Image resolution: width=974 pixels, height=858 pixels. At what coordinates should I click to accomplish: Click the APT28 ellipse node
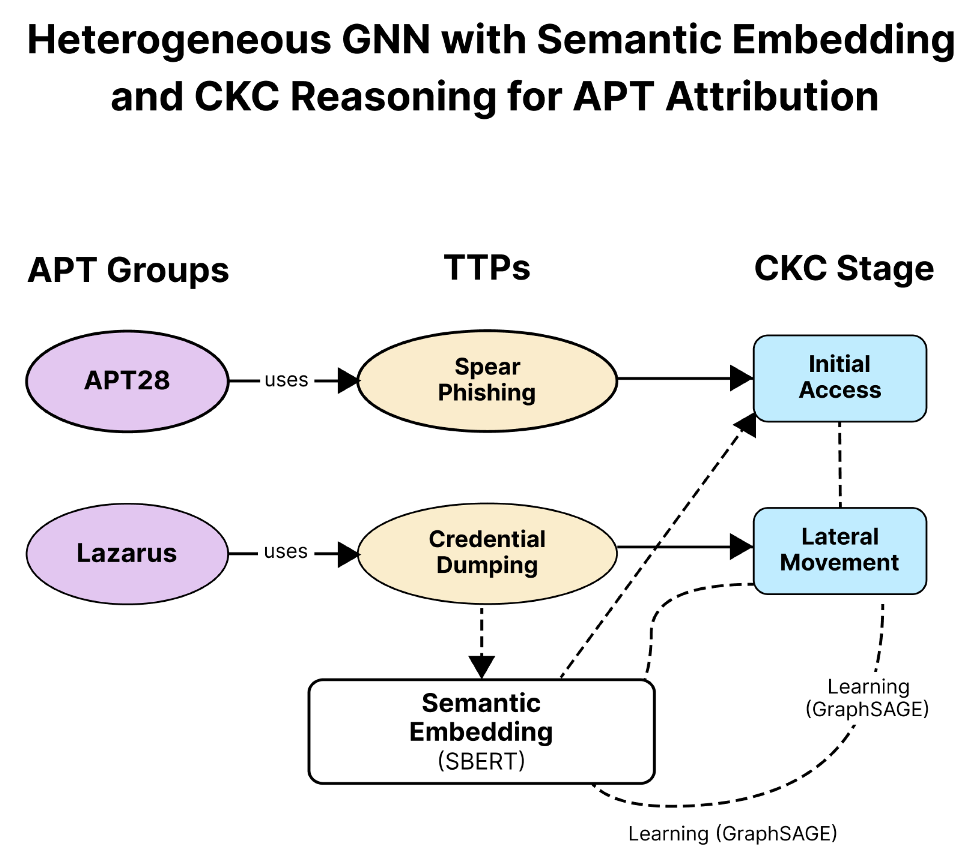pyautogui.click(x=127, y=381)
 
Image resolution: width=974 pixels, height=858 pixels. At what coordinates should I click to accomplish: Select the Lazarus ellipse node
pyautogui.click(x=127, y=554)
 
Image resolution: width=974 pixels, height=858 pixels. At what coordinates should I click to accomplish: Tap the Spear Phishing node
pyautogui.click(x=486, y=380)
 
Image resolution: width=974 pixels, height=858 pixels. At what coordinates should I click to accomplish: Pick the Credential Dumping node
pyautogui.click(x=486, y=553)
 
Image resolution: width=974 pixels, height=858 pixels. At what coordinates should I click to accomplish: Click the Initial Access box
pyautogui.click(x=839, y=378)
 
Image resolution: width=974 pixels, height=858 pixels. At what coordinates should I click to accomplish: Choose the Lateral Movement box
pyautogui.click(x=839, y=550)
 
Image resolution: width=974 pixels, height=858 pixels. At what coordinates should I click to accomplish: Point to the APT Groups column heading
pyautogui.click(x=128, y=270)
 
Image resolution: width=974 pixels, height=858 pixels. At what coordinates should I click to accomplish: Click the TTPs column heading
pyautogui.click(x=486, y=268)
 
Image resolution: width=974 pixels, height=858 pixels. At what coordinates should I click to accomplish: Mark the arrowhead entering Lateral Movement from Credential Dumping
pyautogui.click(x=740, y=547)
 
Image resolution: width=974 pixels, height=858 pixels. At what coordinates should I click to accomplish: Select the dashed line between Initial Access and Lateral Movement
pyautogui.click(x=839, y=465)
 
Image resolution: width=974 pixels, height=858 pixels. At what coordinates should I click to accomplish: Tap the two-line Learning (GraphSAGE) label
pyautogui.click(x=867, y=698)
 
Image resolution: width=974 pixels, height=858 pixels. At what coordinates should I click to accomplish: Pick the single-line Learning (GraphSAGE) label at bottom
pyautogui.click(x=732, y=833)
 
